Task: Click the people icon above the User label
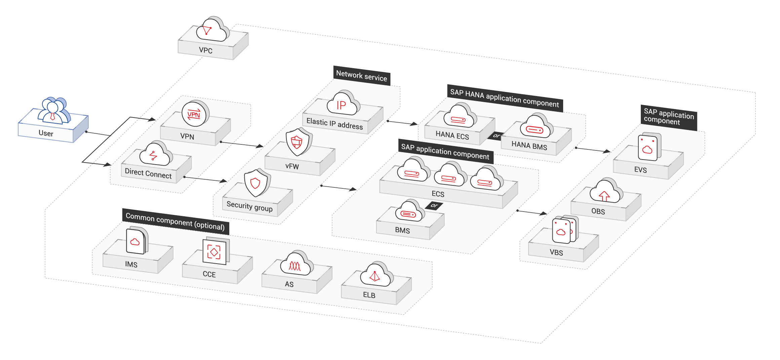coord(53,110)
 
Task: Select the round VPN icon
coord(194,114)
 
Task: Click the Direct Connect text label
coord(148,173)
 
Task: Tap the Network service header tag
coord(361,76)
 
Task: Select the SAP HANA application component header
coord(504,98)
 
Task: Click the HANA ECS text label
coord(452,135)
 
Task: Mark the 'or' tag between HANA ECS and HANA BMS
coord(496,136)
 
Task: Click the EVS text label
coord(640,170)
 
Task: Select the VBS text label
coord(556,253)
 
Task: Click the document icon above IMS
coord(136,241)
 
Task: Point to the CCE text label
coord(209,274)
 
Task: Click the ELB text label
coord(369,295)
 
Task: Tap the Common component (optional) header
coord(175,221)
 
